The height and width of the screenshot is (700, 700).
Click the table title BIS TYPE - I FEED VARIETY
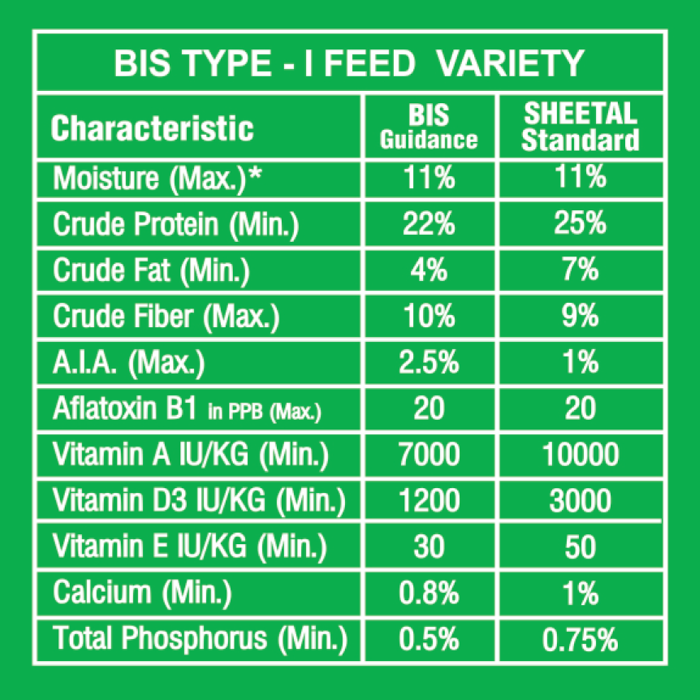[x=348, y=64]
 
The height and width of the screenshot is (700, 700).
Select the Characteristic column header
[x=153, y=129]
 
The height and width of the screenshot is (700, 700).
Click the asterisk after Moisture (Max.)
[x=257, y=175]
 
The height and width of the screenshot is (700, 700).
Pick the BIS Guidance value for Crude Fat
[x=428, y=270]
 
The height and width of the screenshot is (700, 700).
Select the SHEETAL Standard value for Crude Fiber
[x=580, y=316]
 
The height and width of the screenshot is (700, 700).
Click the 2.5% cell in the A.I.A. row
[x=428, y=363]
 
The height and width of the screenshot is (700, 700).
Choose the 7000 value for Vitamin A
[x=428, y=456]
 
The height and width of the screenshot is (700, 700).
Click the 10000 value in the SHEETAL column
[x=580, y=456]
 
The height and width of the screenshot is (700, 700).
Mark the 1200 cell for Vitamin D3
[x=428, y=501]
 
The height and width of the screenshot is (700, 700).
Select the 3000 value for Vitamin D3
[x=580, y=501]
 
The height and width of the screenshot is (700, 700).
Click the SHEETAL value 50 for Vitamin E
[x=580, y=547]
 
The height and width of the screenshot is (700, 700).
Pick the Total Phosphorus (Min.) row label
[x=200, y=639]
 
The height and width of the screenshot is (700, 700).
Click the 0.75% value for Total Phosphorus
[x=580, y=639]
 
